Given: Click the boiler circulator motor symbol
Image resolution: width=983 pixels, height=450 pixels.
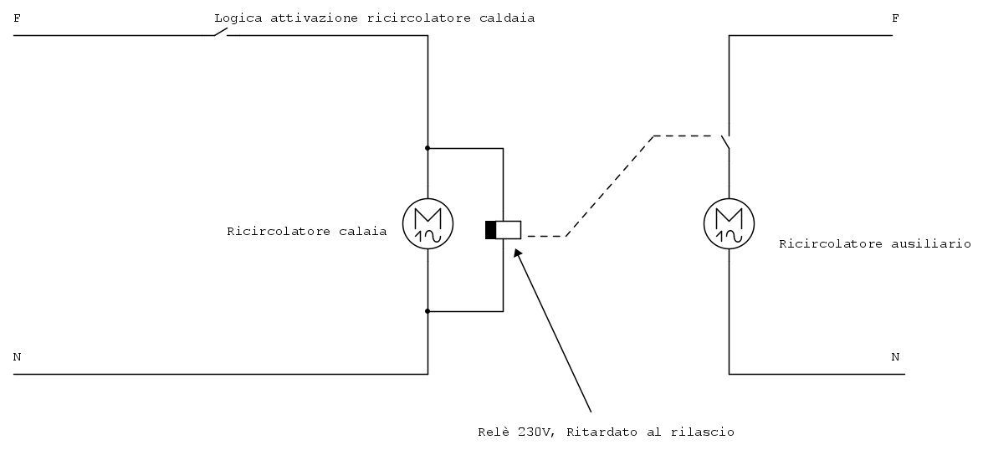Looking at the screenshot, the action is point(428,224).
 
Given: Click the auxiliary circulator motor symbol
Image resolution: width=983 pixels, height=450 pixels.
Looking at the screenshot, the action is point(730,224).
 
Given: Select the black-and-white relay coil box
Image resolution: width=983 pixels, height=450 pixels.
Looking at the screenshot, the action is point(503,230).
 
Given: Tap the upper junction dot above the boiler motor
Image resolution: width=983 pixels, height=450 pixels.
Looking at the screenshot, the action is point(428,148).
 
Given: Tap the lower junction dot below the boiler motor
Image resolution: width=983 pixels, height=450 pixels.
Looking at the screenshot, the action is point(428,311).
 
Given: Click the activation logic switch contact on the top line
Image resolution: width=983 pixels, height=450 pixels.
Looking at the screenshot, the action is point(221,32).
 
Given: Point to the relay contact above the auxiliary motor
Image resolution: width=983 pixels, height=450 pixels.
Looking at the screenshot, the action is point(726,142).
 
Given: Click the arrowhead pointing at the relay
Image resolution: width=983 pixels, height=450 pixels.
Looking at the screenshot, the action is point(517,253).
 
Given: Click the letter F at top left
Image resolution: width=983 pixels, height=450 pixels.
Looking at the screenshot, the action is point(17,18).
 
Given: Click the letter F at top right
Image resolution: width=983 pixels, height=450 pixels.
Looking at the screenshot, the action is point(895,18).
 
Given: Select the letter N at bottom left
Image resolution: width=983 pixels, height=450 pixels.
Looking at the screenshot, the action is point(17,356).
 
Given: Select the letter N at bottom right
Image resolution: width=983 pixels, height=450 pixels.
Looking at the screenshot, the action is point(895,356).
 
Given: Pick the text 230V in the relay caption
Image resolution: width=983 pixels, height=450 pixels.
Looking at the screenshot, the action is point(535,432).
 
